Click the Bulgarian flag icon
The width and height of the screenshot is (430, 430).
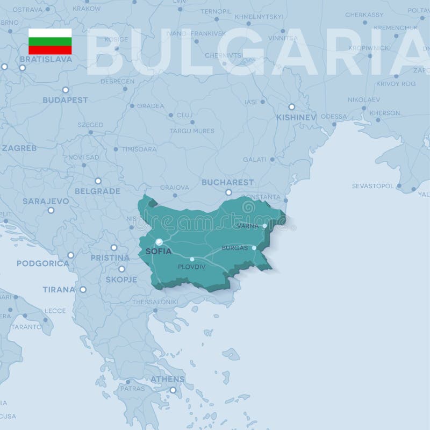[x=50, y=41]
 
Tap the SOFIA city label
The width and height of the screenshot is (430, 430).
[x=158, y=251]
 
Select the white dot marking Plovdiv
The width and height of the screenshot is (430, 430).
[x=192, y=259]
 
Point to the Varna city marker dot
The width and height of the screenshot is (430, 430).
[x=264, y=226]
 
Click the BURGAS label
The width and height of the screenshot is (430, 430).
[x=235, y=248]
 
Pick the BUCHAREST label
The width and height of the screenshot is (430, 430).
[x=227, y=182]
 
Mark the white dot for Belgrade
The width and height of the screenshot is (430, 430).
[x=98, y=181]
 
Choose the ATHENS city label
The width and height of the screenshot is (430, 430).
[x=168, y=379]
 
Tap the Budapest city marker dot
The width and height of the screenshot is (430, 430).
[x=65, y=90]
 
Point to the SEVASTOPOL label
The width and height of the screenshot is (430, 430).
[x=372, y=186]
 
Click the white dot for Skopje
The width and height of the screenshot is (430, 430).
[x=121, y=269]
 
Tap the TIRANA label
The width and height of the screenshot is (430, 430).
[x=59, y=290]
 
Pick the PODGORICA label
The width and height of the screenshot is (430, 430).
[x=43, y=263]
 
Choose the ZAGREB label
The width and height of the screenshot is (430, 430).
[x=19, y=148]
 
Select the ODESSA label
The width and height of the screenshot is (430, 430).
[x=334, y=117]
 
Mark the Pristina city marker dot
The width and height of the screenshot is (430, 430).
[x=113, y=248]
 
